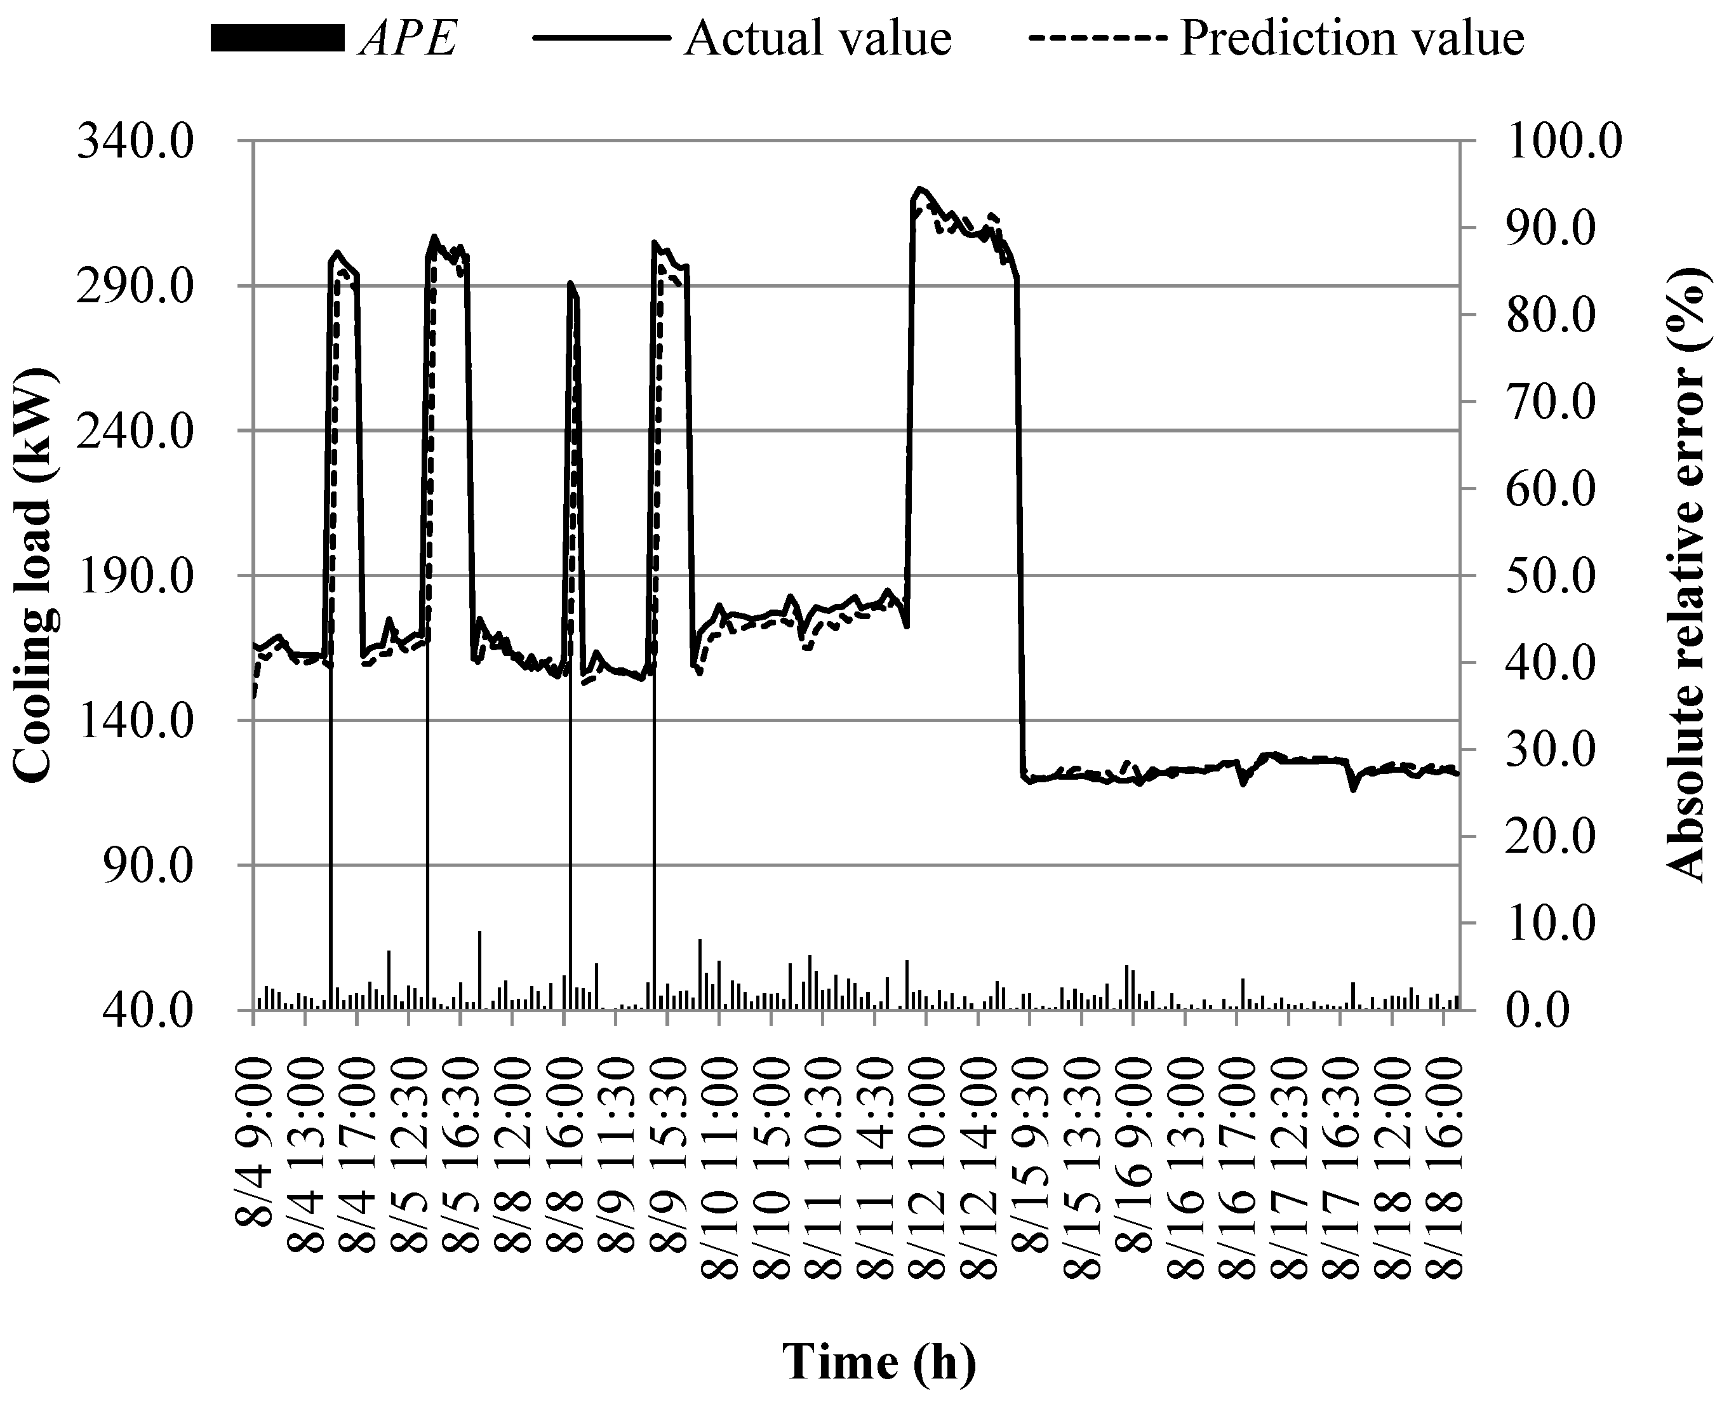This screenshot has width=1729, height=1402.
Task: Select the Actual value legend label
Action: (817, 37)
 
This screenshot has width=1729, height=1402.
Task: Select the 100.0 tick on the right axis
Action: (1565, 142)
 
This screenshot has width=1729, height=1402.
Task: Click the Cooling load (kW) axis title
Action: (34, 575)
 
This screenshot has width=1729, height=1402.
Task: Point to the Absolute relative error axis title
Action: (1688, 575)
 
